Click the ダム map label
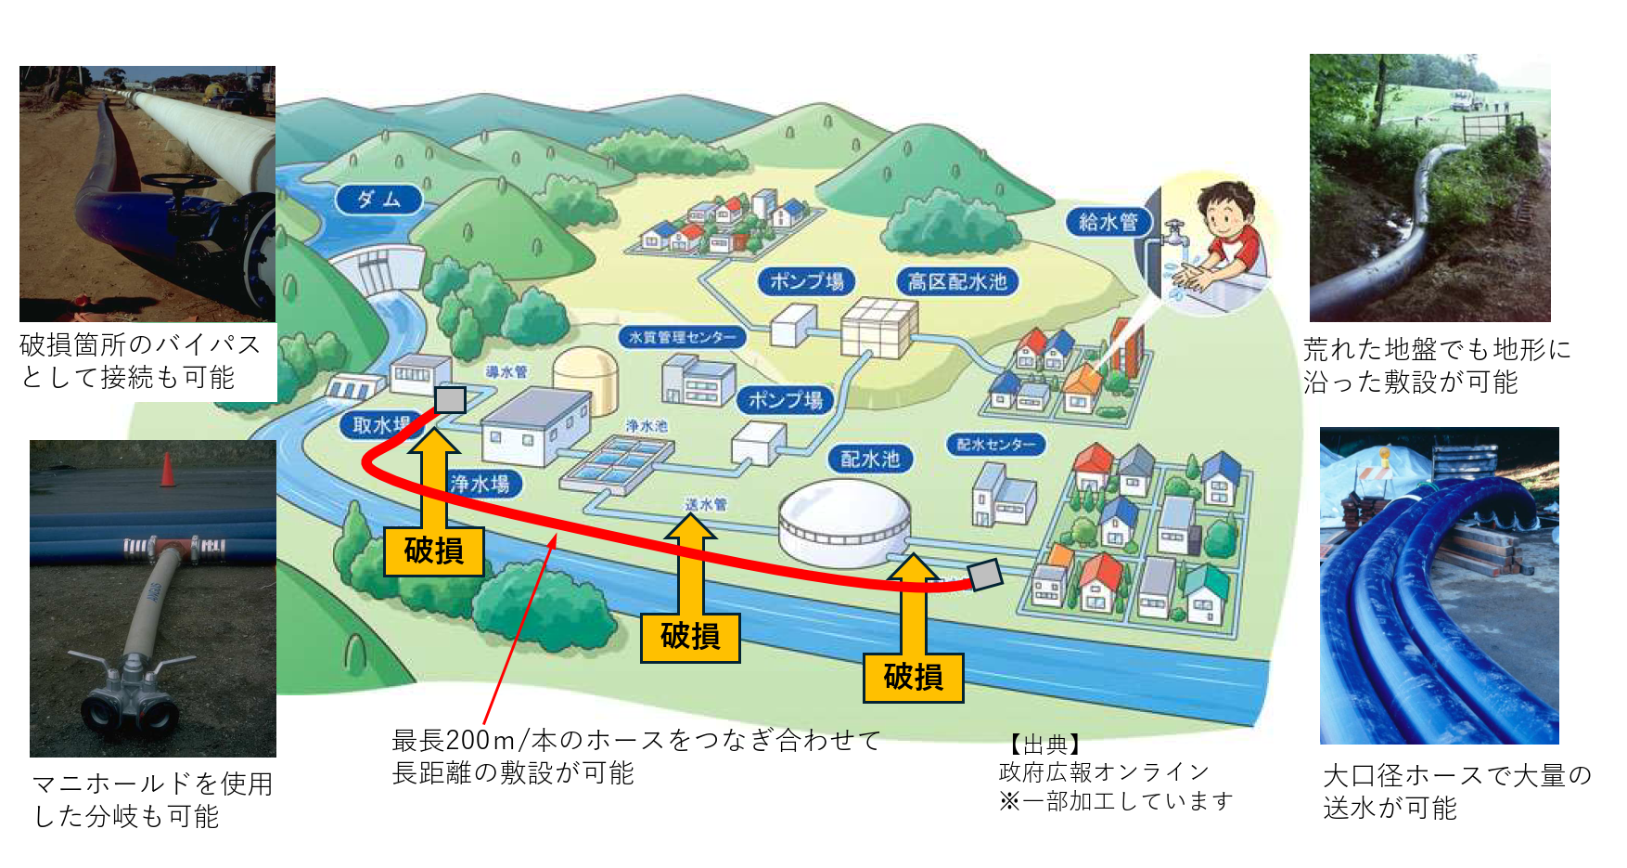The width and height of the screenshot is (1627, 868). (378, 199)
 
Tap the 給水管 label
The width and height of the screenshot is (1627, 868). (1108, 222)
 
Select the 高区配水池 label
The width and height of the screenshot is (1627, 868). (957, 281)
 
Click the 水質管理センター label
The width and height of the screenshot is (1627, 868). (683, 337)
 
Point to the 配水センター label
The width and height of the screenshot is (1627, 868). (995, 445)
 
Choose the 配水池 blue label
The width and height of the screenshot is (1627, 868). (870, 459)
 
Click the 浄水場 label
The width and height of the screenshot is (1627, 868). (480, 484)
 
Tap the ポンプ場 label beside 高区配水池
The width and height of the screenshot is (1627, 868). (806, 281)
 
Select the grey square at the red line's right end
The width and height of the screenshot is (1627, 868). (985, 576)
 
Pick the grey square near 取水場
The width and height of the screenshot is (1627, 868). (450, 400)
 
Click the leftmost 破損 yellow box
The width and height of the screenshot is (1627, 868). (434, 551)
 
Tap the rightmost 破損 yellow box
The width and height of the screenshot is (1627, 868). (914, 677)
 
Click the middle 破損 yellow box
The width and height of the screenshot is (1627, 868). (690, 637)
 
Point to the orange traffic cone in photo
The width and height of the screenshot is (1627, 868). (167, 470)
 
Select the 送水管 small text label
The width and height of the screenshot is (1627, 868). (706, 504)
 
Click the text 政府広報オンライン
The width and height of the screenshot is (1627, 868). (1104, 772)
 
